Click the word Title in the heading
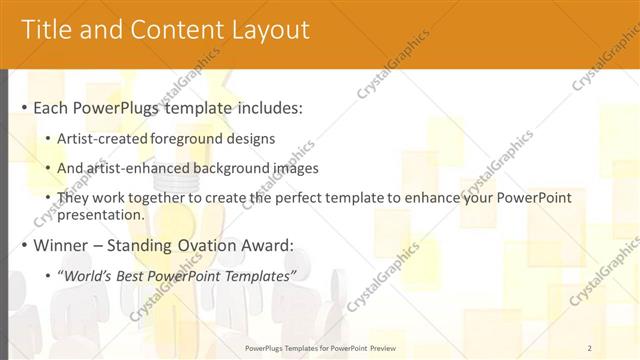click(x=45, y=30)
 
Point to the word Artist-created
click(x=105, y=139)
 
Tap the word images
click(x=290, y=169)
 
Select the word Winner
click(x=63, y=244)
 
